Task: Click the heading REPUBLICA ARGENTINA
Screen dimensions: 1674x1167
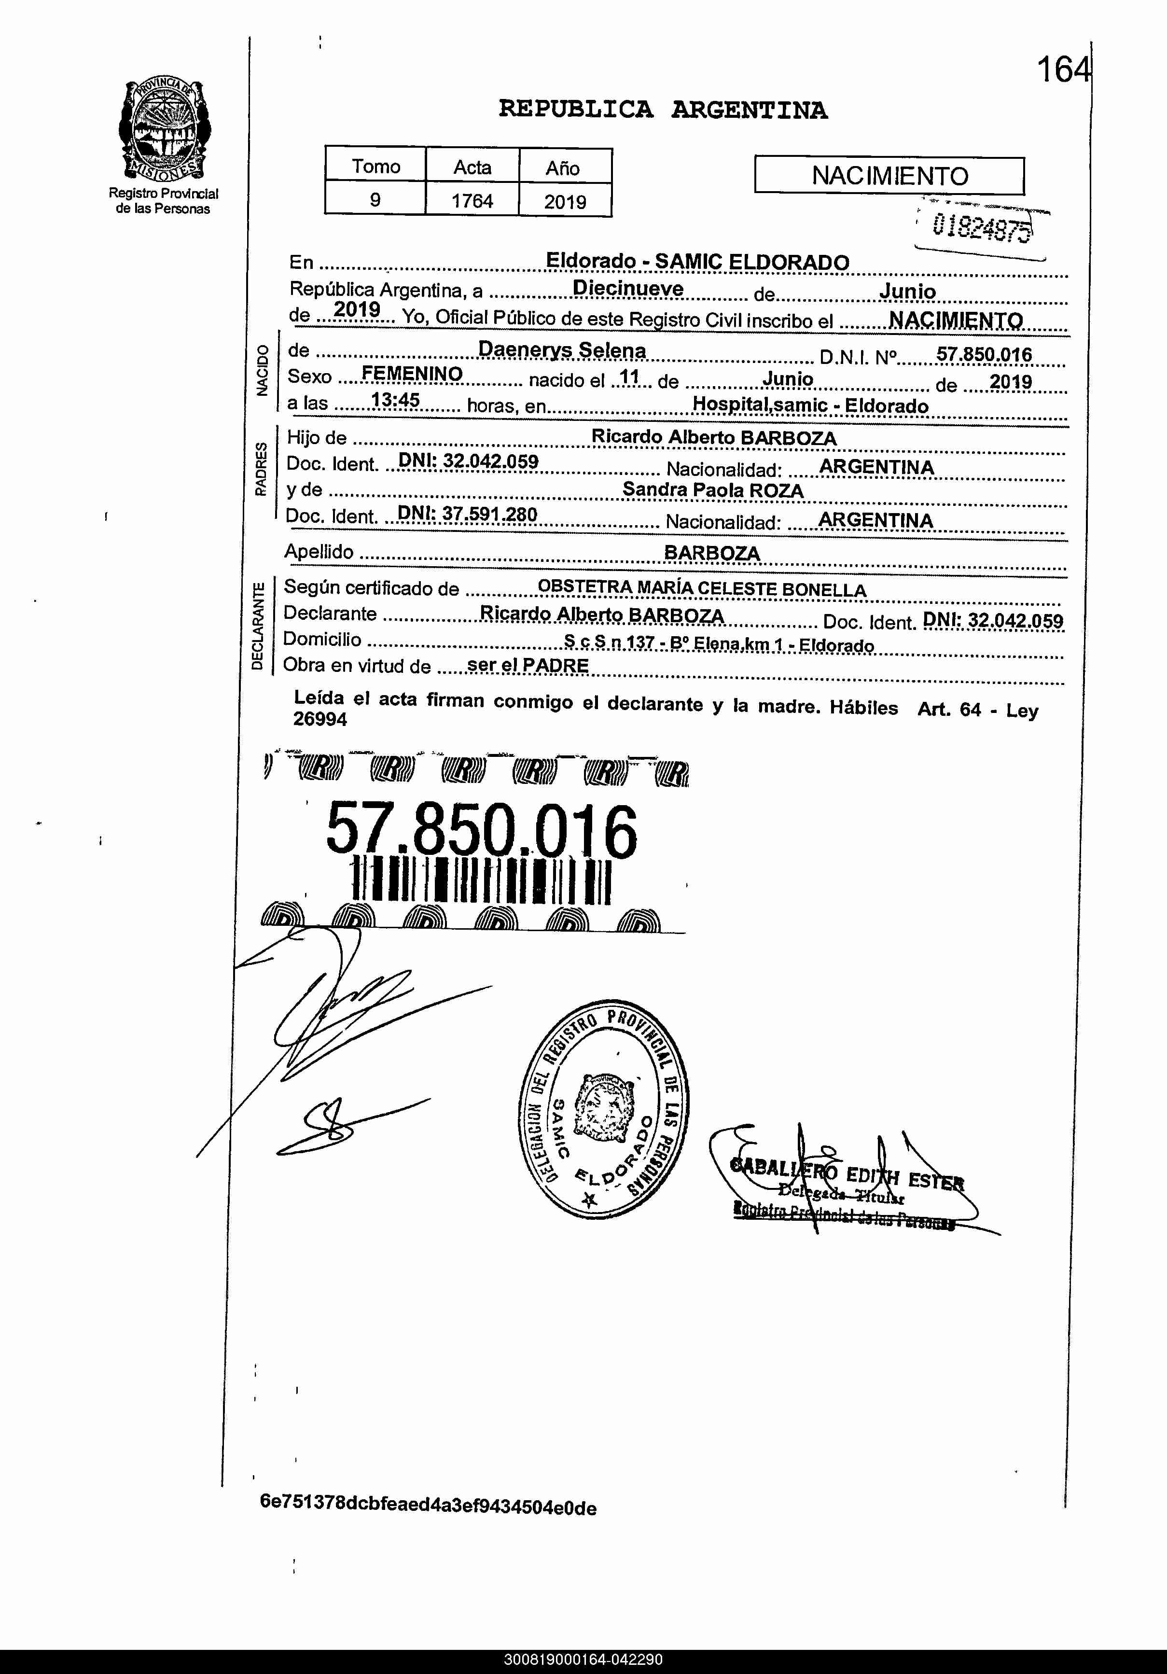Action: pyautogui.click(x=663, y=110)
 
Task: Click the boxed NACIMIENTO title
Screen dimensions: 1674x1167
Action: pyautogui.click(x=889, y=176)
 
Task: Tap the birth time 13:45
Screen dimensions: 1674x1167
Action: pyautogui.click(x=395, y=400)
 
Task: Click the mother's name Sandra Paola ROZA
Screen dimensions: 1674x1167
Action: pyautogui.click(x=712, y=490)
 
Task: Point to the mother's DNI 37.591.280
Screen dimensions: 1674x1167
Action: pyautogui.click(x=467, y=514)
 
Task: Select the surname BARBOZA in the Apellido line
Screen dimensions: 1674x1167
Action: pyautogui.click(x=711, y=553)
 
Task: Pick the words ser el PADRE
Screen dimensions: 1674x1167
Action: pyautogui.click(x=528, y=665)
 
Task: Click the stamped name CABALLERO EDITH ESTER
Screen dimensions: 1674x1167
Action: pyautogui.click(x=847, y=1173)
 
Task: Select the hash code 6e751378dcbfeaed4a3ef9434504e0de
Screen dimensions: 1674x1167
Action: pyautogui.click(x=428, y=1507)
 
